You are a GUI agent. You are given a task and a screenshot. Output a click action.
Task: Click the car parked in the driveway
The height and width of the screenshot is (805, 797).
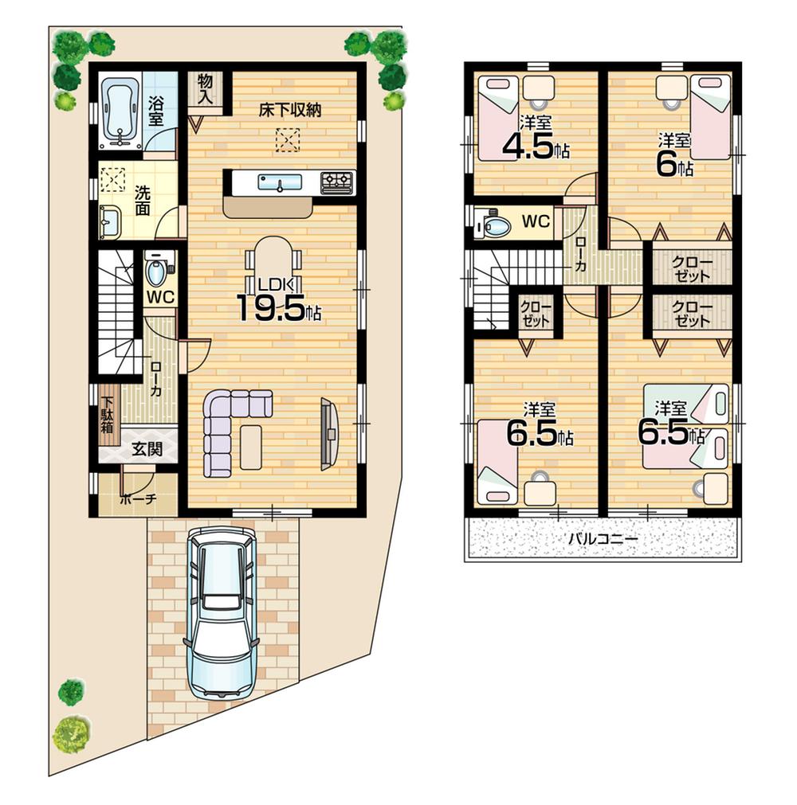[221, 613]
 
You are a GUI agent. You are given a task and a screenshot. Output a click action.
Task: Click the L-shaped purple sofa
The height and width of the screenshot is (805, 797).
[227, 426]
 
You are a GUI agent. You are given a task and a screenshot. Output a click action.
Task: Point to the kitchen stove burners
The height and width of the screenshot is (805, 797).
[336, 182]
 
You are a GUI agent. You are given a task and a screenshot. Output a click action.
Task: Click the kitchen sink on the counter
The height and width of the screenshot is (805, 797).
[280, 182]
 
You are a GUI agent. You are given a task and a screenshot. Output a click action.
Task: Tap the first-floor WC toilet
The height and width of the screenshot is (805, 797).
[157, 272]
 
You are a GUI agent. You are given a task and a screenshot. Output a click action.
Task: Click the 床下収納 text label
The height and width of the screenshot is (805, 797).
[289, 111]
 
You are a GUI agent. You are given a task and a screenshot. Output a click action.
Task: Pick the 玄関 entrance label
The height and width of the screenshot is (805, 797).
[147, 449]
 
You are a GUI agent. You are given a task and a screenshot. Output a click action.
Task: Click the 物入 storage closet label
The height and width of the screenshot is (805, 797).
[206, 88]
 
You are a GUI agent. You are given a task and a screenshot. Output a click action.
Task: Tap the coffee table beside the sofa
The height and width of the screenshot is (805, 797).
[251, 446]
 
